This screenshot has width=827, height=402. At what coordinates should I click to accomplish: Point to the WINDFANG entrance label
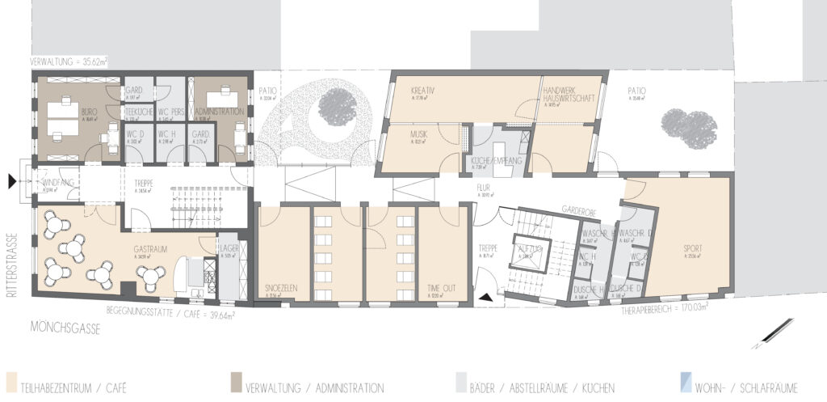(x=57, y=184)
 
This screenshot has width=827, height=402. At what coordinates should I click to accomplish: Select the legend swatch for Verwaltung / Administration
(x=236, y=381)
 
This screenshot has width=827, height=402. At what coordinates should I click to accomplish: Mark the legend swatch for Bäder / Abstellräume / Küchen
(x=460, y=381)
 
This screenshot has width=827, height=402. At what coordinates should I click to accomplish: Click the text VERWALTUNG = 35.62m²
(x=69, y=61)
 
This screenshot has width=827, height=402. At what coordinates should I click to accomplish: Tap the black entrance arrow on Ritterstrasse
(x=11, y=183)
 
